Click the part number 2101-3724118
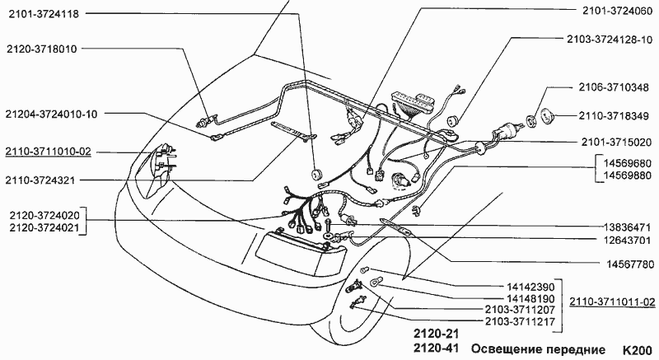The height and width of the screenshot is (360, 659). coord(44,14)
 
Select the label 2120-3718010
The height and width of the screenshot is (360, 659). coord(42,49)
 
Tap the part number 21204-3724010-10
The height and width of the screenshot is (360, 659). coord(51,115)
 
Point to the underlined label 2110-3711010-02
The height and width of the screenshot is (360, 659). coord(48,152)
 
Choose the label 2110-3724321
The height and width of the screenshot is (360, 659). coord(40,180)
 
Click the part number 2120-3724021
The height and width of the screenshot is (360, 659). coord(44,228)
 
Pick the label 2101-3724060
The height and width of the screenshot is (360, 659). coord(617,12)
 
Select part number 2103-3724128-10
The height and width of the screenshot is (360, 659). coord(609,40)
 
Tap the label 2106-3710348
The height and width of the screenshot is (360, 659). coord(614,88)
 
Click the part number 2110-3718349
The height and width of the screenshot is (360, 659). coord(614,116)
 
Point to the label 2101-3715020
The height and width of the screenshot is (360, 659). coord(616,143)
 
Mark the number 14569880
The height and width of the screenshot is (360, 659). coord(628,175)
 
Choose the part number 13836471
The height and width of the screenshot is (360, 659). coord(628,227)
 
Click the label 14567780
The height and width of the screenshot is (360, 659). coord(630,264)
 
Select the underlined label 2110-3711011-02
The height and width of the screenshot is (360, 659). coord(612,302)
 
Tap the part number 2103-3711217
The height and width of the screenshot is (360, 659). coord(520,322)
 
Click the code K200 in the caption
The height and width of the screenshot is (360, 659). coord(638,350)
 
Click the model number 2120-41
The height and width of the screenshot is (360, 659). coord(436,348)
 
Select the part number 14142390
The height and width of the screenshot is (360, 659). coord(530,288)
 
